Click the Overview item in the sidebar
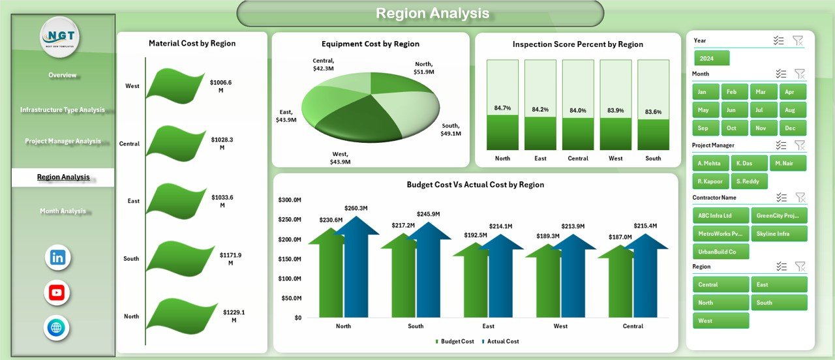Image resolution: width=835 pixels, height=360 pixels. [63, 75]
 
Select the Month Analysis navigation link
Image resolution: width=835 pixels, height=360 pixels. [63, 211]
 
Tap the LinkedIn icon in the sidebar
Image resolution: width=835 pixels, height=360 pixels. [57, 258]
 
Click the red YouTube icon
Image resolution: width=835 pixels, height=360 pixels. [57, 293]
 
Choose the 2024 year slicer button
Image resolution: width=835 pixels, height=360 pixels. [712, 59]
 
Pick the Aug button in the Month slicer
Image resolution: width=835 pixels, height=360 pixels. [790, 110]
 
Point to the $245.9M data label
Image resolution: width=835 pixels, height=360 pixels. [428, 214]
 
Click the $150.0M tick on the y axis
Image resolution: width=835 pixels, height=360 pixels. [290, 259]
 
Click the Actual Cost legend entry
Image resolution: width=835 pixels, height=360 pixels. [501, 341]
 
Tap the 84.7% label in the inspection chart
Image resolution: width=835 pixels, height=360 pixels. [502, 108]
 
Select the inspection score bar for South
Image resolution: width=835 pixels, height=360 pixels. [653, 134]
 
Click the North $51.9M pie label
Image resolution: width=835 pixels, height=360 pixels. [424, 68]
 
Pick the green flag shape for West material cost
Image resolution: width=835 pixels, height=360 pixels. [175, 85]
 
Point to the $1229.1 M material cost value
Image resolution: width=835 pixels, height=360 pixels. [234, 316]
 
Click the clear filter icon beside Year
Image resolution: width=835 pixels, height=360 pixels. [798, 40]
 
